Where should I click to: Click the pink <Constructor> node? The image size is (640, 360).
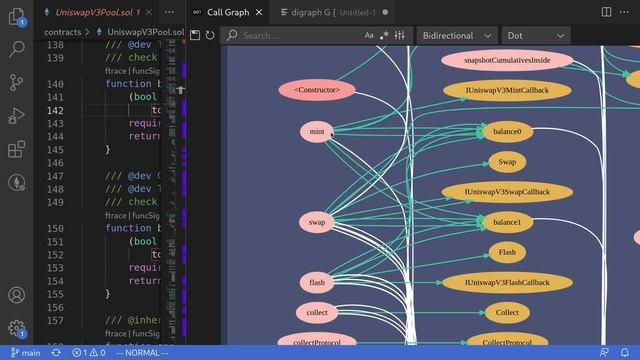[317, 90]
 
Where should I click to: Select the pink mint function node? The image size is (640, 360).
[317, 131]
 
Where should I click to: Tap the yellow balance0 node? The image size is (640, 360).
[507, 131]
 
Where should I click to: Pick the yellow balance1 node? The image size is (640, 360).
[507, 222]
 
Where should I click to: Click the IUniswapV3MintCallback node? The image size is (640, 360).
[507, 90]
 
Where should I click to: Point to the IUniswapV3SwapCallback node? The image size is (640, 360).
[507, 191]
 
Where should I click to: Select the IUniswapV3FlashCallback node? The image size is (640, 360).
[507, 282]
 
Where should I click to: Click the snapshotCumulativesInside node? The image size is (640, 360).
[507, 60]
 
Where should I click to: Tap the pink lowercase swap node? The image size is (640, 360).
[317, 222]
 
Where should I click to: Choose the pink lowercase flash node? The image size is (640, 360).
[317, 283]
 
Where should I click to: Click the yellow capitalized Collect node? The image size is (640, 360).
[507, 313]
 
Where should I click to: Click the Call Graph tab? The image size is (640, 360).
[227, 12]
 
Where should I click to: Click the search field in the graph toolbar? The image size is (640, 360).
[300, 35]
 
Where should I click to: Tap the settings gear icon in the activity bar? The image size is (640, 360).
[16, 327]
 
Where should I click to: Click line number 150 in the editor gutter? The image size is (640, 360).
[55, 228]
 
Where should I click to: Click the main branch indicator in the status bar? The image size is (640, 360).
[24, 353]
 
